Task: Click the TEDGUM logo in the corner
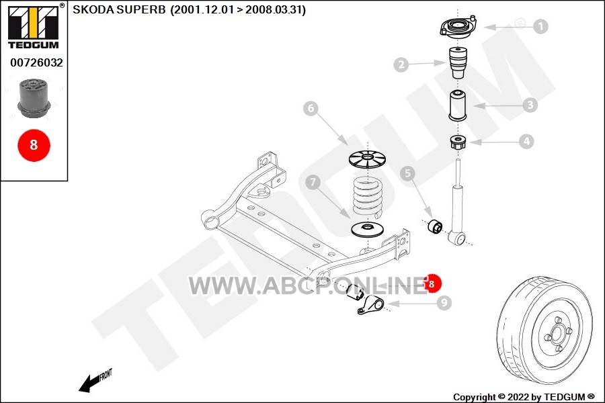pyautogui.click(x=34, y=26)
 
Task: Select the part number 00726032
pyautogui.click(x=36, y=62)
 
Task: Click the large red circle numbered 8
pyautogui.click(x=34, y=145)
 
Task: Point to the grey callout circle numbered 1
pyautogui.click(x=540, y=26)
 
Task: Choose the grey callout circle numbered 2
pyautogui.click(x=401, y=64)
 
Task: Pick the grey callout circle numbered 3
pyautogui.click(x=530, y=105)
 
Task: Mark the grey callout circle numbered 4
pyautogui.click(x=526, y=142)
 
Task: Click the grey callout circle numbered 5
pyautogui.click(x=407, y=173)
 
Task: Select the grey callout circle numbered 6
pyautogui.click(x=311, y=108)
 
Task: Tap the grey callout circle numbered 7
pyautogui.click(x=313, y=182)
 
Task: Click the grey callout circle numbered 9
pyautogui.click(x=444, y=303)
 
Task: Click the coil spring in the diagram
pyautogui.click(x=368, y=197)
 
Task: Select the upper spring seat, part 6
pyautogui.click(x=368, y=159)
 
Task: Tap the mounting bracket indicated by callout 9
pyautogui.click(x=370, y=306)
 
